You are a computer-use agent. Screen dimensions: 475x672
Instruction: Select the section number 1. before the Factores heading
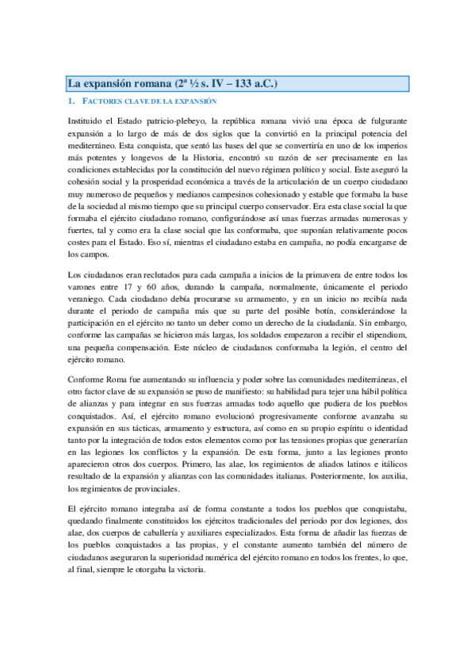click(x=71, y=102)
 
